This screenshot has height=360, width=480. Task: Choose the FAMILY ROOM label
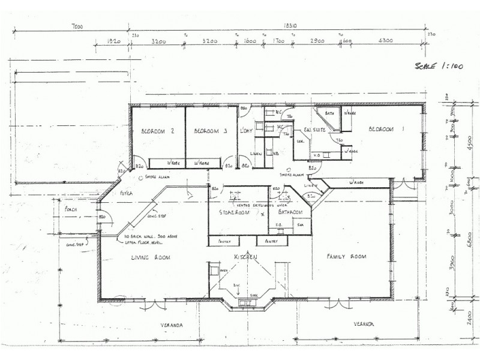(x=347, y=257)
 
